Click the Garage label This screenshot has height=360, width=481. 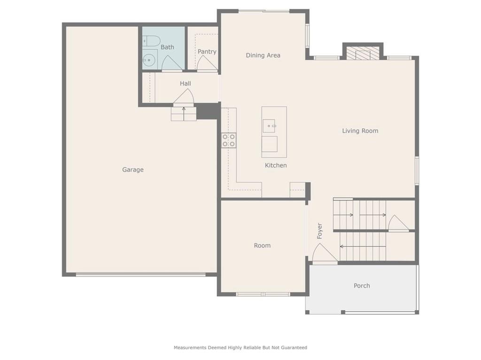[x=133, y=169]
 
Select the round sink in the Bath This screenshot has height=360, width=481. [x=149, y=60]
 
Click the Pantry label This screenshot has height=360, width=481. [x=207, y=52]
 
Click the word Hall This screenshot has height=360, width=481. [x=185, y=84]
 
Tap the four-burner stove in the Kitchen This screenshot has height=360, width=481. [x=229, y=140]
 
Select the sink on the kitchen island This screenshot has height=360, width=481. [x=269, y=126]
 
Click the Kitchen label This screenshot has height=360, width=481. [x=276, y=165]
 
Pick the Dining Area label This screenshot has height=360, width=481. [x=263, y=55]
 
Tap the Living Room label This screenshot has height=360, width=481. [x=360, y=130]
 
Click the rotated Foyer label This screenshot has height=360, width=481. [x=319, y=231]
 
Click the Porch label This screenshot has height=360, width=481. [x=362, y=286]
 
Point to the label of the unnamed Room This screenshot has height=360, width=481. [x=262, y=245]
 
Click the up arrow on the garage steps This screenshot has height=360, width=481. [x=184, y=114]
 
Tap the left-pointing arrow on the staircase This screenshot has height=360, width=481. [x=363, y=246]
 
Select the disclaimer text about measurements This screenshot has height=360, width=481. [x=240, y=347]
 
